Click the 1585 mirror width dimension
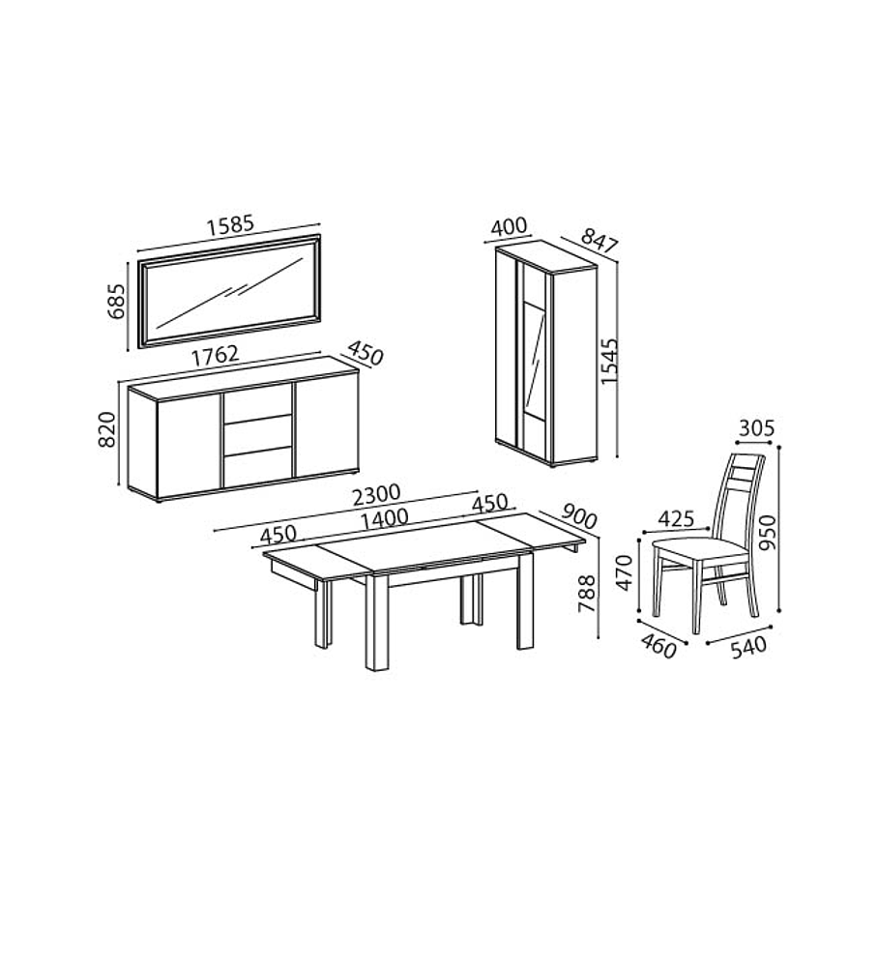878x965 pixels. coord(230,225)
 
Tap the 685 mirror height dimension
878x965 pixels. coord(116,301)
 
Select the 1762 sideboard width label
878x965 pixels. coord(215,356)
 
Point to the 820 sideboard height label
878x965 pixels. coord(106,429)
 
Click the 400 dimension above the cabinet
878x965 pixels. coord(510,226)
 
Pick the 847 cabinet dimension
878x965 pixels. coord(599,241)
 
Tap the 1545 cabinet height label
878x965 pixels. coord(608,362)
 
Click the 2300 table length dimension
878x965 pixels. coord(376,495)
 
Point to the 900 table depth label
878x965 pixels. coord(578,516)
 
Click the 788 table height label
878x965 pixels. coord(587,594)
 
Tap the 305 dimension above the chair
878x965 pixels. coord(756,428)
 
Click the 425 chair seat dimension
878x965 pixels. coord(676,518)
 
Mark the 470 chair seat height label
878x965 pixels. coord(624,573)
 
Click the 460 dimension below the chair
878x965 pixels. coord(658,646)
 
